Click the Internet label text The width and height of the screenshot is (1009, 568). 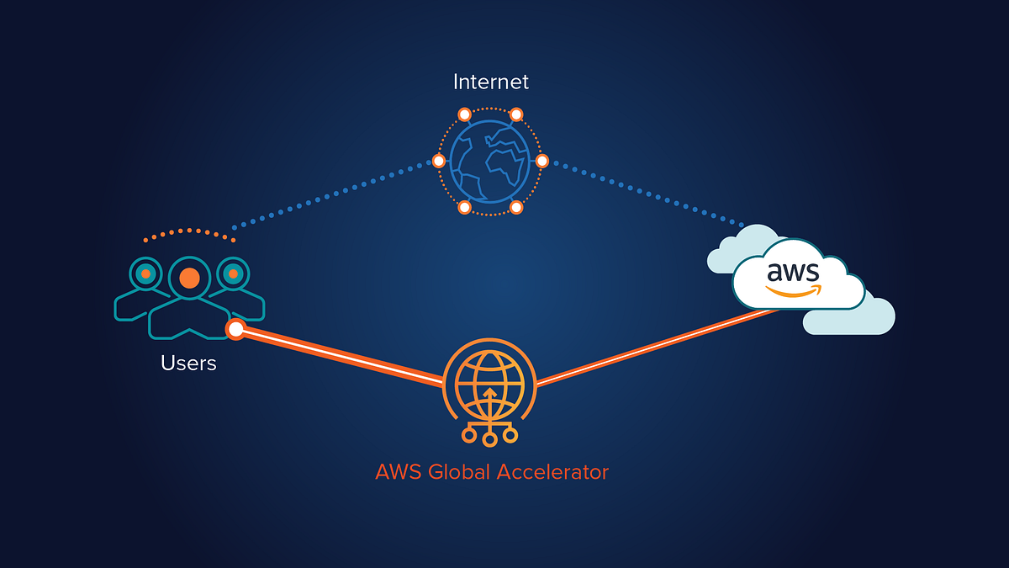coord(491,82)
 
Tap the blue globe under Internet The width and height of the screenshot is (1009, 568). coord(490,161)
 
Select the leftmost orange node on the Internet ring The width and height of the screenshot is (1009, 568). coord(438,161)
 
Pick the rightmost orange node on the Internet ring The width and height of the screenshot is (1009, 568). coord(542,161)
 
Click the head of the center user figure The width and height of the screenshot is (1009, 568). coord(190,277)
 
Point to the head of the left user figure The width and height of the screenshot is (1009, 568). coord(145,273)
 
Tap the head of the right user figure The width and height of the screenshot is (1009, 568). coord(233,273)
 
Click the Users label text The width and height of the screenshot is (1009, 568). coord(188,364)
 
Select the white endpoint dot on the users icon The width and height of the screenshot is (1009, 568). coord(236,330)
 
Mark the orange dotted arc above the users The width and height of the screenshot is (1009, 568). coord(189,231)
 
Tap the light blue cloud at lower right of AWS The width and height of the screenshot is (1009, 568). coord(866,320)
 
